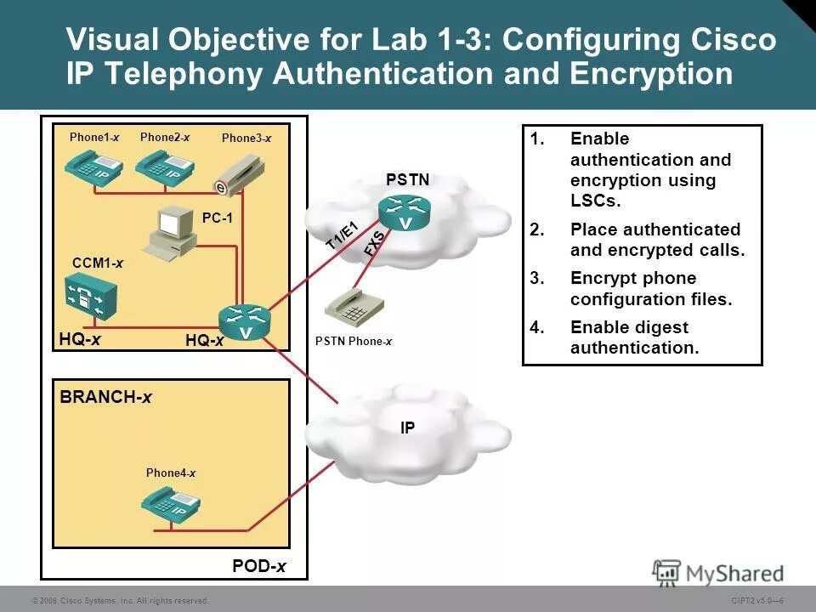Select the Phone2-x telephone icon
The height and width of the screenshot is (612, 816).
(x=164, y=165)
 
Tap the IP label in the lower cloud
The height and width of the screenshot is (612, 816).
(x=408, y=428)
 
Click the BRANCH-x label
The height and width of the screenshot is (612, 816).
(x=105, y=397)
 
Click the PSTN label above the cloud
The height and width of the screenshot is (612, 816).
(x=407, y=179)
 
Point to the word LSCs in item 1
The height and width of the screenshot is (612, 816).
(x=596, y=201)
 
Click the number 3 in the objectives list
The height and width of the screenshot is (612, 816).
(x=535, y=279)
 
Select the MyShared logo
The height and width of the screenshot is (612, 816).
(x=718, y=572)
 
